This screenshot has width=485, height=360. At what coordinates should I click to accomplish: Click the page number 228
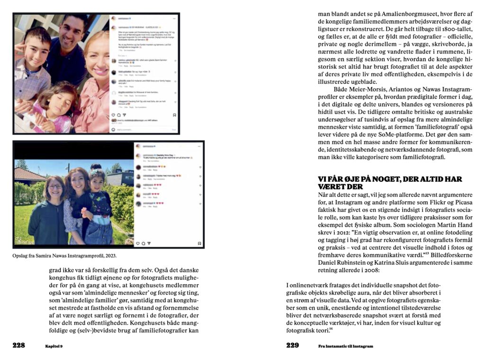point(18,346)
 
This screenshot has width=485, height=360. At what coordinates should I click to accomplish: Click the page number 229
point(292,346)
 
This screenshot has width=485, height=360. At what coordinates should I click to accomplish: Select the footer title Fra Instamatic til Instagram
point(345,346)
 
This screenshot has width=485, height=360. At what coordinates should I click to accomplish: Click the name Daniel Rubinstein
point(338,263)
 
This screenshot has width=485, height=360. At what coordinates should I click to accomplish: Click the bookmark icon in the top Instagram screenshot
point(174,115)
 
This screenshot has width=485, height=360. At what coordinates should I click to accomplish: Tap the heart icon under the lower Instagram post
point(138,243)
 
